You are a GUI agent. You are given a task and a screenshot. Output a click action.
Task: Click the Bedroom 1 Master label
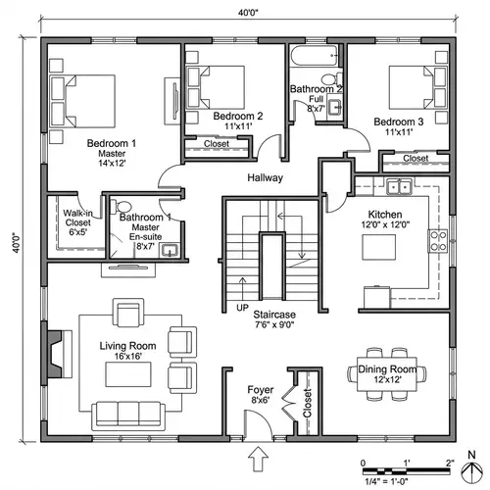point(111,154)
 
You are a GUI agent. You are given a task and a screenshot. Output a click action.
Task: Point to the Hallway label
point(265,178)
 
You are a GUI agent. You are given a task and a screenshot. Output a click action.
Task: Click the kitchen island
point(383,247)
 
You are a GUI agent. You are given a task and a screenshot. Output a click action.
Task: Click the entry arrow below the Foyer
point(260,456)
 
